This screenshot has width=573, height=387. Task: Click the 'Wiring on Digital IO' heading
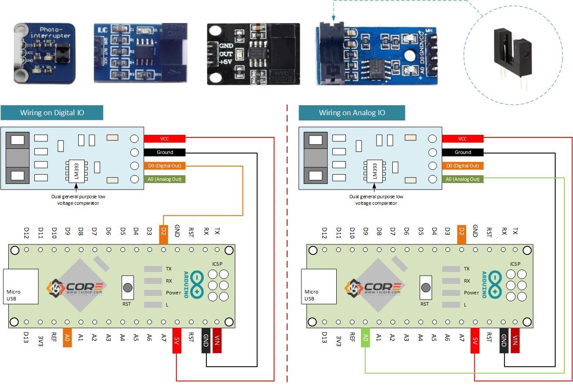click(x=52, y=113)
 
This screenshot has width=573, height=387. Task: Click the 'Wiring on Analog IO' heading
click(x=351, y=113)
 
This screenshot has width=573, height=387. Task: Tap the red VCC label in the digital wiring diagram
click(x=164, y=139)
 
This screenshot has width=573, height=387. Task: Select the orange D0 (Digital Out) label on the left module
click(x=164, y=166)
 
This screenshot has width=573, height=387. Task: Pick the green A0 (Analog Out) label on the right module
click(x=462, y=179)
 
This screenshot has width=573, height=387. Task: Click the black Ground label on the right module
click(x=462, y=152)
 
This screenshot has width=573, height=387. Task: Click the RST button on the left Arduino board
click(x=128, y=287)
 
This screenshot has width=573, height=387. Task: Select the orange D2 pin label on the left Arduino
click(x=163, y=234)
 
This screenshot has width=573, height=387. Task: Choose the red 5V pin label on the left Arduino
click(x=177, y=340)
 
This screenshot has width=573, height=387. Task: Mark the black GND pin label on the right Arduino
click(x=504, y=340)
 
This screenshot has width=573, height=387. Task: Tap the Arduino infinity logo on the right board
click(x=495, y=285)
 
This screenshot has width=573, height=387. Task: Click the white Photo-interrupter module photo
click(x=44, y=53)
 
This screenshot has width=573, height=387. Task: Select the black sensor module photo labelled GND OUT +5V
click(x=253, y=53)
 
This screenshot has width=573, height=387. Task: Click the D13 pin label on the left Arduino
click(x=26, y=339)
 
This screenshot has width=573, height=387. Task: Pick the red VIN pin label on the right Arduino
click(x=515, y=340)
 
